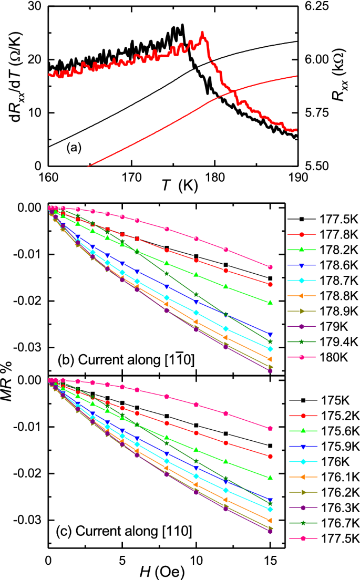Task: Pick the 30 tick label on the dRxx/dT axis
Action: (x=35, y=6)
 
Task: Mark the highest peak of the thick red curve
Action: (x=202, y=33)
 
